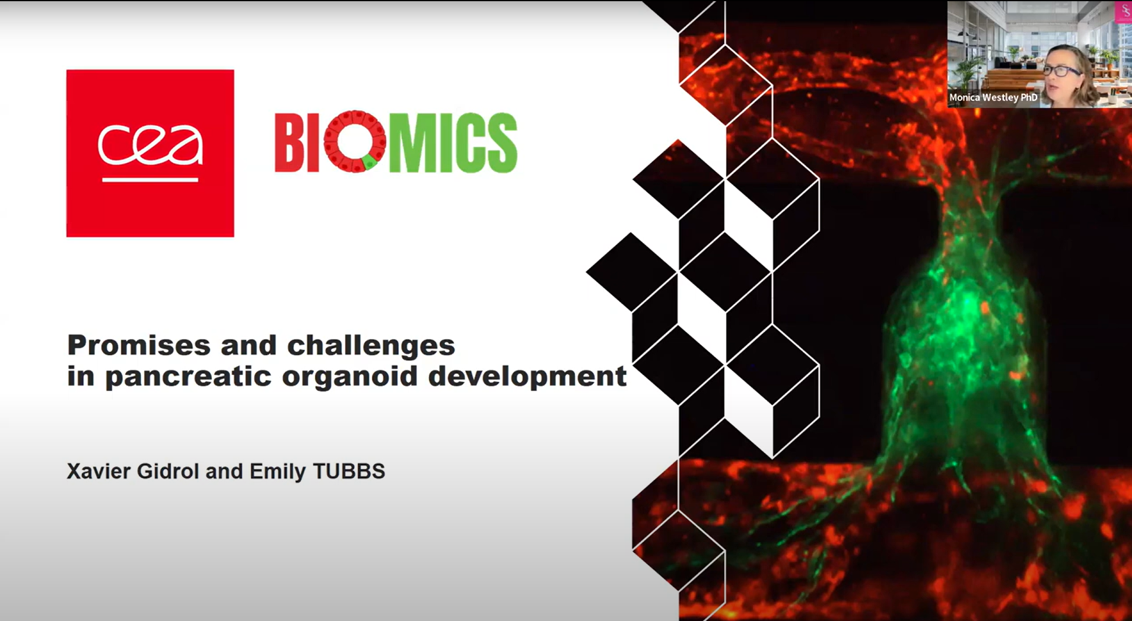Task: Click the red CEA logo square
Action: [x=150, y=153]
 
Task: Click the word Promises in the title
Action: [x=139, y=345]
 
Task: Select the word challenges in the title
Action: [x=371, y=345]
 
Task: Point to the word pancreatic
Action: [x=188, y=376]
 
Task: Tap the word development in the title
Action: [x=527, y=376]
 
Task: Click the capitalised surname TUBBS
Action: [x=349, y=472]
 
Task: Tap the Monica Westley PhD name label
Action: [x=993, y=97]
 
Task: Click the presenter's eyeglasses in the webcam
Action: [x=1062, y=71]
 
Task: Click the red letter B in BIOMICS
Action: [x=290, y=143]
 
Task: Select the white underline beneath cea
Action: [x=150, y=179]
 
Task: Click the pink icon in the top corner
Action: [x=1124, y=12]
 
